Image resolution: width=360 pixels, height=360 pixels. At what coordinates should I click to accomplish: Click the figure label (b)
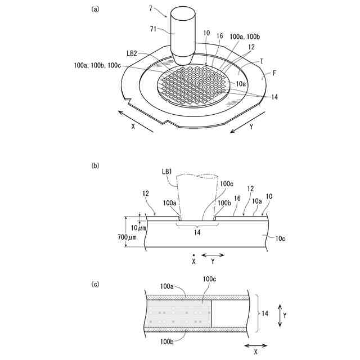point(95,165)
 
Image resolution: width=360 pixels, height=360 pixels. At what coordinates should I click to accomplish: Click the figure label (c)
point(95,283)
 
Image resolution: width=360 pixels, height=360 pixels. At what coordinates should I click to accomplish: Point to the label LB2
point(133,54)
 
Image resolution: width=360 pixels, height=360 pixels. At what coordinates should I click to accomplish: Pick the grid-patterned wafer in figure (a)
point(194,85)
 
